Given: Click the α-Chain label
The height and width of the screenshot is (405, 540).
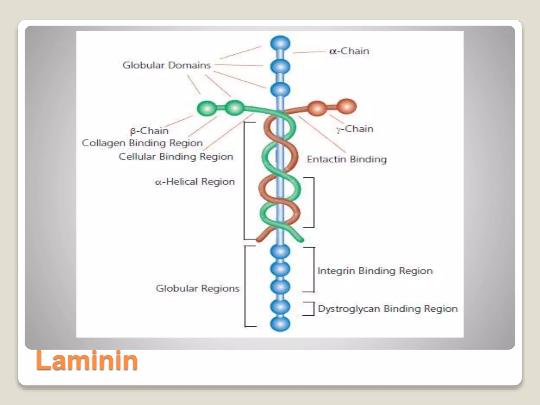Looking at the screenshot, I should (x=349, y=51).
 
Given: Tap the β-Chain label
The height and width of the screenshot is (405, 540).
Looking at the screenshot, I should (x=149, y=131).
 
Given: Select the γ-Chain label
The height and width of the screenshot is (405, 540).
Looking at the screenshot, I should (x=355, y=129).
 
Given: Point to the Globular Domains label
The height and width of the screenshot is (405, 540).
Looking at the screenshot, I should (x=166, y=65).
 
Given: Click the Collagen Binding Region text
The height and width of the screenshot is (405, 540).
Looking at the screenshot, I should (x=142, y=143).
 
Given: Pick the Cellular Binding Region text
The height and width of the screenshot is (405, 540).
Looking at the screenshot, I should (x=176, y=156).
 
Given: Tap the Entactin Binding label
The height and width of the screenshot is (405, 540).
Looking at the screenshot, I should (x=347, y=159).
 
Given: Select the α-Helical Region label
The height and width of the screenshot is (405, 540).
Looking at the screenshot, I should (x=195, y=182).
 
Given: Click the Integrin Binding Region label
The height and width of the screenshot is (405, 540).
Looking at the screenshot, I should (x=375, y=271).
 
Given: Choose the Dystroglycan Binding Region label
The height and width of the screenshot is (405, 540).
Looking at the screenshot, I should (x=388, y=308).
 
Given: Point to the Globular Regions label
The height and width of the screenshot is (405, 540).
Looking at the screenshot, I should (x=197, y=288).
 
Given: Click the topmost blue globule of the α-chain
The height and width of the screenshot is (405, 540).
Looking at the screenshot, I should (x=280, y=43).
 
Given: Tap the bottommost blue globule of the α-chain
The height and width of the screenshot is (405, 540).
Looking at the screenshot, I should (x=280, y=324).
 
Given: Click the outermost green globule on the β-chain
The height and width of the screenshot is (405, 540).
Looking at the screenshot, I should (x=207, y=108).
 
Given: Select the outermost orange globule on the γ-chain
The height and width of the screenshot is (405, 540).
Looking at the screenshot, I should (x=347, y=107).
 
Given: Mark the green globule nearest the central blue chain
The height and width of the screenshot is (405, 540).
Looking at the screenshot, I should (x=235, y=108).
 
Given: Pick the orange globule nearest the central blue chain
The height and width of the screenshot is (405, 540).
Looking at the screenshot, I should (x=317, y=108).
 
